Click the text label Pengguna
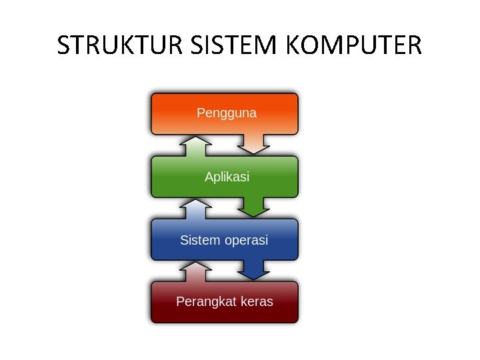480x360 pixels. (x=227, y=113)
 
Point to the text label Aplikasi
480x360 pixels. (x=227, y=177)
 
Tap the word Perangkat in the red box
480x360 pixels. (x=203, y=302)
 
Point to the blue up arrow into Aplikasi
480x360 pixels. (x=195, y=209)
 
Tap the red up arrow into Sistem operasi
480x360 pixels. (x=195, y=272)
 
